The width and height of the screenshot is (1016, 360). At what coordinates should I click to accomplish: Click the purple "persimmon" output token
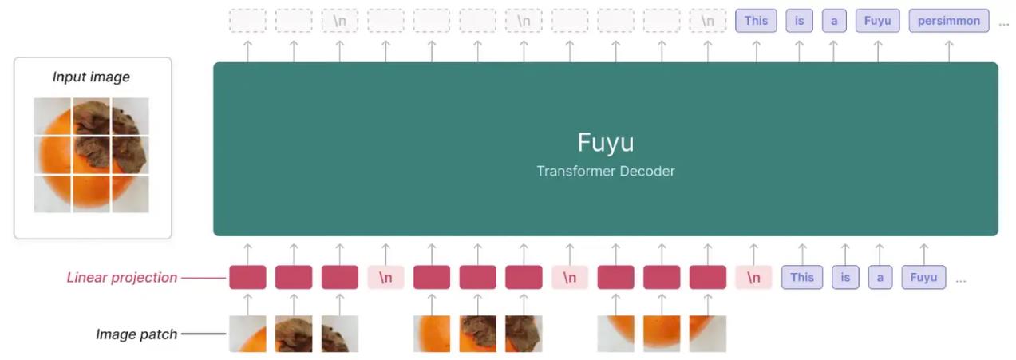pyautogui.click(x=949, y=21)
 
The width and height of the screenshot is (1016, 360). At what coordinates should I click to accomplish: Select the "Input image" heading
pyautogui.click(x=91, y=77)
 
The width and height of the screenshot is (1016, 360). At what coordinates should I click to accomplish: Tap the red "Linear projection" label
pyautogui.click(x=121, y=278)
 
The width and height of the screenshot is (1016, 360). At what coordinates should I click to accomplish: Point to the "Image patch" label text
pyautogui.click(x=136, y=334)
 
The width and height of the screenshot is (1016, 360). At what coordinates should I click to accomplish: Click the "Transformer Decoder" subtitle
pyautogui.click(x=606, y=171)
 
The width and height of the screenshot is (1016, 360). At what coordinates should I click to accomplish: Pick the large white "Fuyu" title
pyautogui.click(x=606, y=143)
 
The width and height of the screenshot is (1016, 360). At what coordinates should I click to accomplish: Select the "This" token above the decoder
pyautogui.click(x=756, y=21)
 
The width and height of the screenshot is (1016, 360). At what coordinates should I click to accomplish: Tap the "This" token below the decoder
pyautogui.click(x=802, y=278)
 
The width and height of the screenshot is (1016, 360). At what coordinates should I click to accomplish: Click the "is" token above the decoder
pyautogui.click(x=799, y=21)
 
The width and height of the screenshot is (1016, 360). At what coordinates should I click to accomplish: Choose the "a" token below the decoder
pyautogui.click(x=880, y=278)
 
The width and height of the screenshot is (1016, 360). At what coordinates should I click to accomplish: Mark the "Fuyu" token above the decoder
pyautogui.click(x=877, y=21)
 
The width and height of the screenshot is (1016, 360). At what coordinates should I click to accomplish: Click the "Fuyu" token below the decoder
pyautogui.click(x=923, y=278)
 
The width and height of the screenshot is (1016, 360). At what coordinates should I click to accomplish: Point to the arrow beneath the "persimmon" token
pyautogui.click(x=949, y=49)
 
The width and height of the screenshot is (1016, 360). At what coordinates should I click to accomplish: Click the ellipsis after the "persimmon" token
pyautogui.click(x=1004, y=24)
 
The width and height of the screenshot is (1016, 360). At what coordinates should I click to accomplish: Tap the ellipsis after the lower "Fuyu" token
pyautogui.click(x=961, y=281)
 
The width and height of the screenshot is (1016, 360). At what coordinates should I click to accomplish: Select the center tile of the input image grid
pyautogui.click(x=91, y=155)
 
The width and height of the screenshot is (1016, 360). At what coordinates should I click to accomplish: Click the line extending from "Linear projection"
pyautogui.click(x=204, y=278)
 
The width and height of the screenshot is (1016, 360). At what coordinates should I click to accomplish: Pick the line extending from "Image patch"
pyautogui.click(x=204, y=334)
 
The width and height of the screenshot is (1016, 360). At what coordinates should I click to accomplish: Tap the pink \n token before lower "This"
pyautogui.click(x=753, y=278)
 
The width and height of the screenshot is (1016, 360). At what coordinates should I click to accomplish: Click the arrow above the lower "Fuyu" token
pyautogui.click(x=923, y=252)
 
